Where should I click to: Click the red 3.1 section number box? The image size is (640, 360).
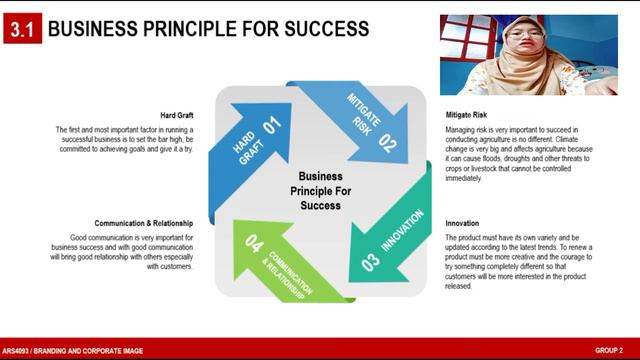click(21, 30)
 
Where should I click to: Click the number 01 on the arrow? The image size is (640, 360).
click(269, 126)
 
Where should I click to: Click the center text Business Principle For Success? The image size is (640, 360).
click(313, 189)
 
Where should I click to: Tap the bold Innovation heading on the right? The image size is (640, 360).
click(462, 223)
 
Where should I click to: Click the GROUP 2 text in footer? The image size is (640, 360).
click(609, 351)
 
